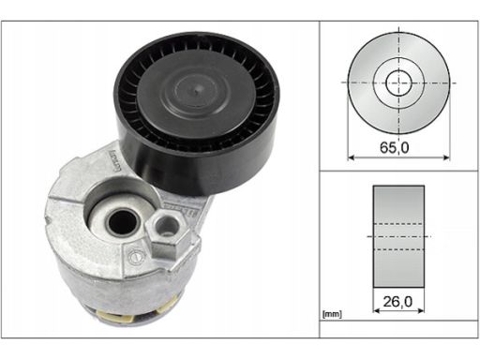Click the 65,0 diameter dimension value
(x=394, y=147)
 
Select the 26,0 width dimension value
(x=397, y=302)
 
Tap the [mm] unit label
(x=332, y=314)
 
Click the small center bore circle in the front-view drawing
(x=398, y=82)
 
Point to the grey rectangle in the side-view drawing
(x=398, y=236)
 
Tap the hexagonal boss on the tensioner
(x=167, y=232)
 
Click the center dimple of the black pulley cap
(x=195, y=92)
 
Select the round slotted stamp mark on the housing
(x=138, y=257)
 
